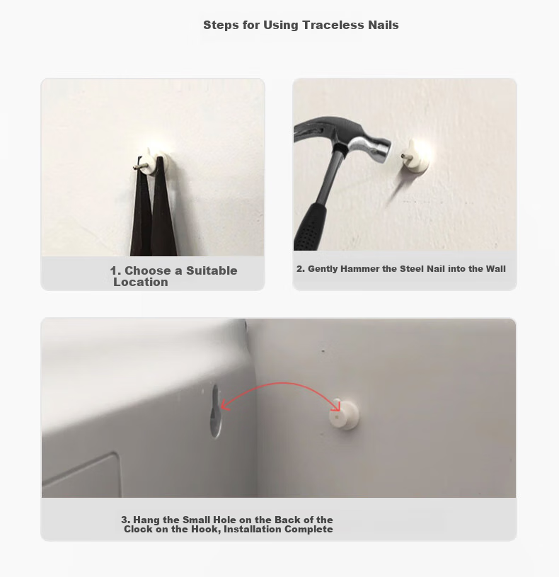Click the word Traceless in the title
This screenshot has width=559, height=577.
click(333, 25)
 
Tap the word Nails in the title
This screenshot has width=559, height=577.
click(384, 25)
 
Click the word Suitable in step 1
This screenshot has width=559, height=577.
click(212, 270)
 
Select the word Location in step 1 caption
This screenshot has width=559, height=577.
click(141, 282)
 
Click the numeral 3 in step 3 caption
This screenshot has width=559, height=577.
click(125, 520)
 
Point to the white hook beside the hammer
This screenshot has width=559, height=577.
click(416, 156)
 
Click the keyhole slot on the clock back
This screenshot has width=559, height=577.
click(216, 411)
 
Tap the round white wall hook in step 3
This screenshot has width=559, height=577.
click(343, 414)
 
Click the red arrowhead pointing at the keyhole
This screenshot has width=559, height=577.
click(224, 406)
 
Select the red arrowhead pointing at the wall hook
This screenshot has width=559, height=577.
click(336, 406)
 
